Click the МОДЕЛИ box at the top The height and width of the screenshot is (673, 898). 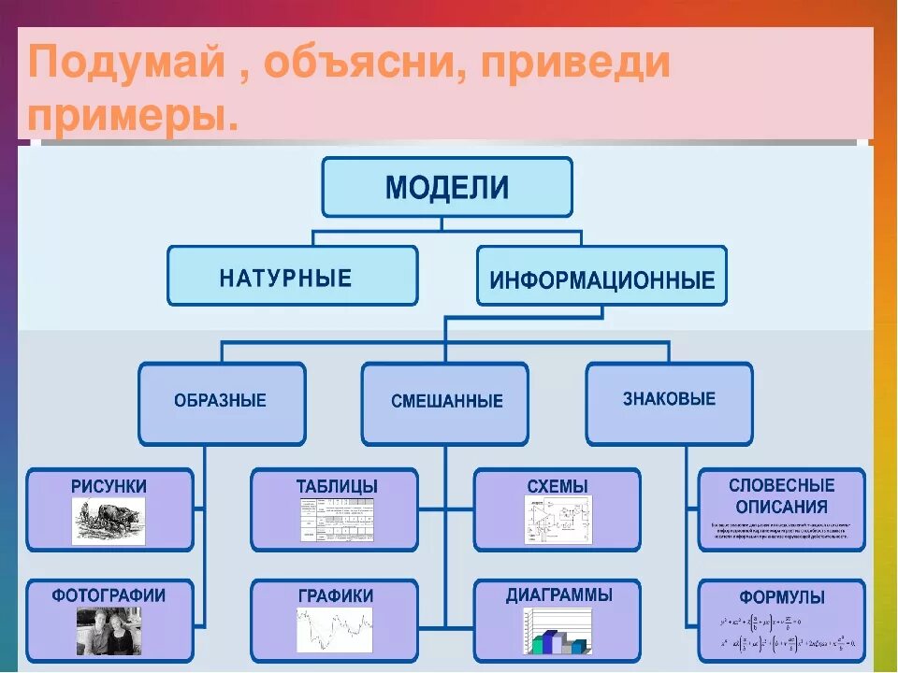(447, 188)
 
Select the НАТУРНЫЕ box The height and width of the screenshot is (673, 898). (292, 277)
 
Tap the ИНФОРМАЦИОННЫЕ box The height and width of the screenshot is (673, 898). (601, 278)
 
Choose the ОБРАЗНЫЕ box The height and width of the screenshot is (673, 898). (221, 402)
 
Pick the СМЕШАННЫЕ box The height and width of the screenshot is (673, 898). (445, 402)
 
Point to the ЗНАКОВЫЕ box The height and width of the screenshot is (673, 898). (669, 400)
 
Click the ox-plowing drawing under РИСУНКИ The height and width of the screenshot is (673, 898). (109, 520)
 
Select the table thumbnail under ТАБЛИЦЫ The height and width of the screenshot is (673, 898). (337, 520)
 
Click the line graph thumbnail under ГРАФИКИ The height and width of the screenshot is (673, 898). (335, 629)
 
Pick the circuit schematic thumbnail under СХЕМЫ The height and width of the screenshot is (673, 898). (558, 520)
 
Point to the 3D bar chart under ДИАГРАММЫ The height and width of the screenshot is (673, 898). (558, 631)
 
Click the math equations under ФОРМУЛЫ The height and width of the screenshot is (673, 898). (782, 633)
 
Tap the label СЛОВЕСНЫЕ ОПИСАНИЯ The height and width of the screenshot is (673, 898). (782, 495)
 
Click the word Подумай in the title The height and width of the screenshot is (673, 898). (127, 64)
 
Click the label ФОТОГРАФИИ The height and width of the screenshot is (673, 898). (109, 594)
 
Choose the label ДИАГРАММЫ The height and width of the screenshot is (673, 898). (558, 594)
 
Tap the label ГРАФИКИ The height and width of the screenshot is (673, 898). (336, 595)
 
